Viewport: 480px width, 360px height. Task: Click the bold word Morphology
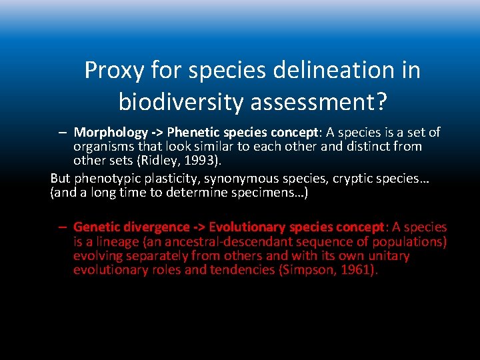[x=109, y=133]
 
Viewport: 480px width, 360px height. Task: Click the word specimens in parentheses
[x=269, y=193]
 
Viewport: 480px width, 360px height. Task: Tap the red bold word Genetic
[x=95, y=227]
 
